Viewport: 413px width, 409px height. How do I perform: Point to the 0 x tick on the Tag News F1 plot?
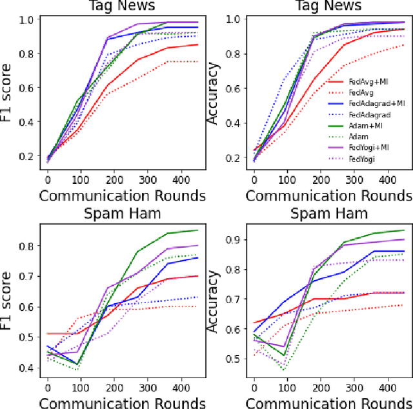click(x=47, y=178)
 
